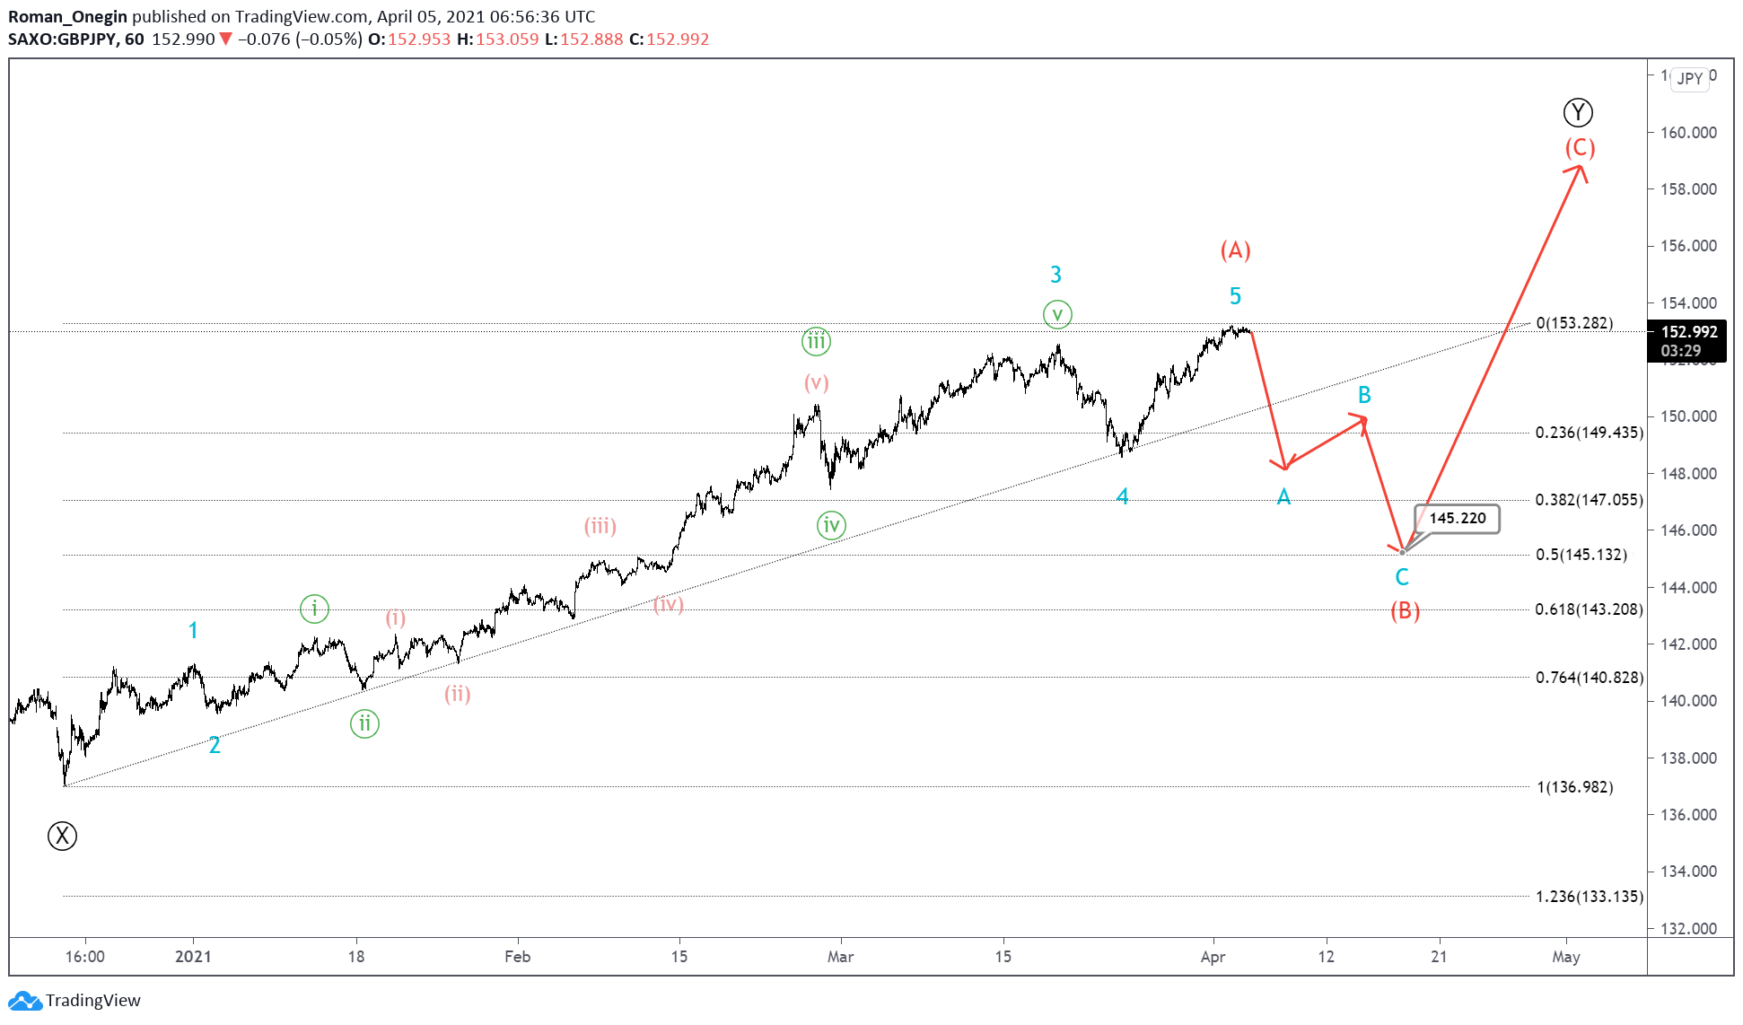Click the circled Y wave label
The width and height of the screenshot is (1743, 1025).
tap(1578, 112)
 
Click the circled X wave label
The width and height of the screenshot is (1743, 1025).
tap(62, 836)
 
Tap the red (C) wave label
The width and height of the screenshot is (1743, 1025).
tap(1580, 147)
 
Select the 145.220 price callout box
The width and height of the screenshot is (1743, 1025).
tap(1457, 518)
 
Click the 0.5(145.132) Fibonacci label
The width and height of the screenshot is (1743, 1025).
tap(1581, 555)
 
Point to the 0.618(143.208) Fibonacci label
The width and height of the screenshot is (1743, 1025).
tap(1589, 609)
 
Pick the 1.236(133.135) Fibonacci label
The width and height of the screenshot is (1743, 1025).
tap(1589, 897)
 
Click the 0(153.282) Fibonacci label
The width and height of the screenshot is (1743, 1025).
tap(1574, 323)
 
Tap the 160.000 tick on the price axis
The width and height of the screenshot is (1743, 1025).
tap(1688, 133)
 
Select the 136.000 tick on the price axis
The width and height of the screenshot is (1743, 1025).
tap(1688, 815)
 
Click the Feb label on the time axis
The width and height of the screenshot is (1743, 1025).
tap(517, 957)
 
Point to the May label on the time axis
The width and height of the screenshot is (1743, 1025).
tap(1565, 957)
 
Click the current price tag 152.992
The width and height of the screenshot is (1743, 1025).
tap(1689, 332)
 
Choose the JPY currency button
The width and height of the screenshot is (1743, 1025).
tap(1690, 78)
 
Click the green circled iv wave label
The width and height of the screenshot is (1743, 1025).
tap(831, 525)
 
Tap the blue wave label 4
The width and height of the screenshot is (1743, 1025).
tap(1122, 496)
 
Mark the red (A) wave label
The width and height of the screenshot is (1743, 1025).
tap(1235, 250)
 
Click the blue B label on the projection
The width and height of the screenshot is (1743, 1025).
tap(1364, 395)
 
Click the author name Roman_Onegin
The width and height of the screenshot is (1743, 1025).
tap(67, 16)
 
